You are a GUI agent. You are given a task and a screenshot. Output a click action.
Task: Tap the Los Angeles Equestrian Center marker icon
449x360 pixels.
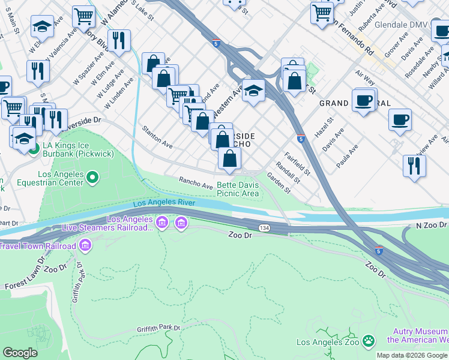tap(92, 176)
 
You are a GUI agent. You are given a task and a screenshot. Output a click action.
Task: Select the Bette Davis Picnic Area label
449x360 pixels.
tap(238, 189)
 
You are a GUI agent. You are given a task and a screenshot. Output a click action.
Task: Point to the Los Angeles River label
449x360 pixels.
tap(164, 203)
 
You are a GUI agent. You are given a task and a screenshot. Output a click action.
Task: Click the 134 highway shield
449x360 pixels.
tap(264, 228)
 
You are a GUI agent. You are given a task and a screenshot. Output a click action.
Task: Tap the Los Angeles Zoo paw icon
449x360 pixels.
tap(369, 342)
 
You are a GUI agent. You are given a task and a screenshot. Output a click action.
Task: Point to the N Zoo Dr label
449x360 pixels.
tap(431, 224)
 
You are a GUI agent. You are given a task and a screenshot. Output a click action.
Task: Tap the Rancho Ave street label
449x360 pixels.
tap(196, 183)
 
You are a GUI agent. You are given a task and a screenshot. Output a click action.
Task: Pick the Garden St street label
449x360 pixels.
tap(279, 184)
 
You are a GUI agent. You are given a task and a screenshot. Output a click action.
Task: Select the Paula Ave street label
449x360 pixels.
tap(347, 156)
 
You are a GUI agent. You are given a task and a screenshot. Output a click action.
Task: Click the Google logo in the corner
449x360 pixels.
tap(19, 353)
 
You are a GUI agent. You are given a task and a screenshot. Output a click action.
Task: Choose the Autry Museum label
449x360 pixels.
tap(418, 335)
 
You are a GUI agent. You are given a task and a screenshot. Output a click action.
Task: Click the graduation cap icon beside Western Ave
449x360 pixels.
tap(254, 91)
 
